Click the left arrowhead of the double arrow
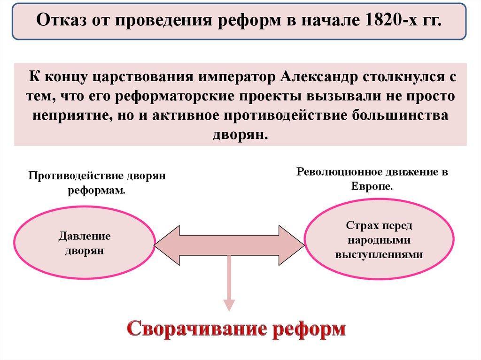pyautogui.click(x=164, y=245)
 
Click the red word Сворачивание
pyautogui.click(x=194, y=328)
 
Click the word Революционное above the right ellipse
pyautogui.click(x=338, y=172)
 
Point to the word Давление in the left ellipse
pyautogui.click(x=85, y=236)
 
